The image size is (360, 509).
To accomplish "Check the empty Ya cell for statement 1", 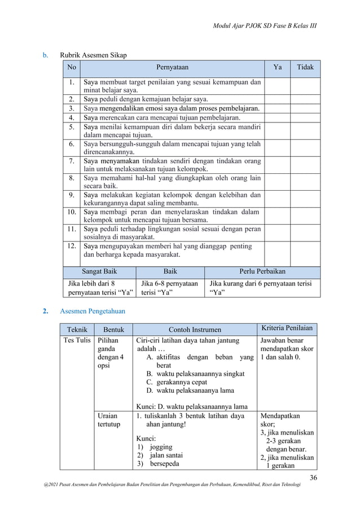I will click(x=276, y=85).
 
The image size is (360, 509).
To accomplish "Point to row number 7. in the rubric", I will click(x=72, y=161).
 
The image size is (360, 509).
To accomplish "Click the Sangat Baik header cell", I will click(x=99, y=271).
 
